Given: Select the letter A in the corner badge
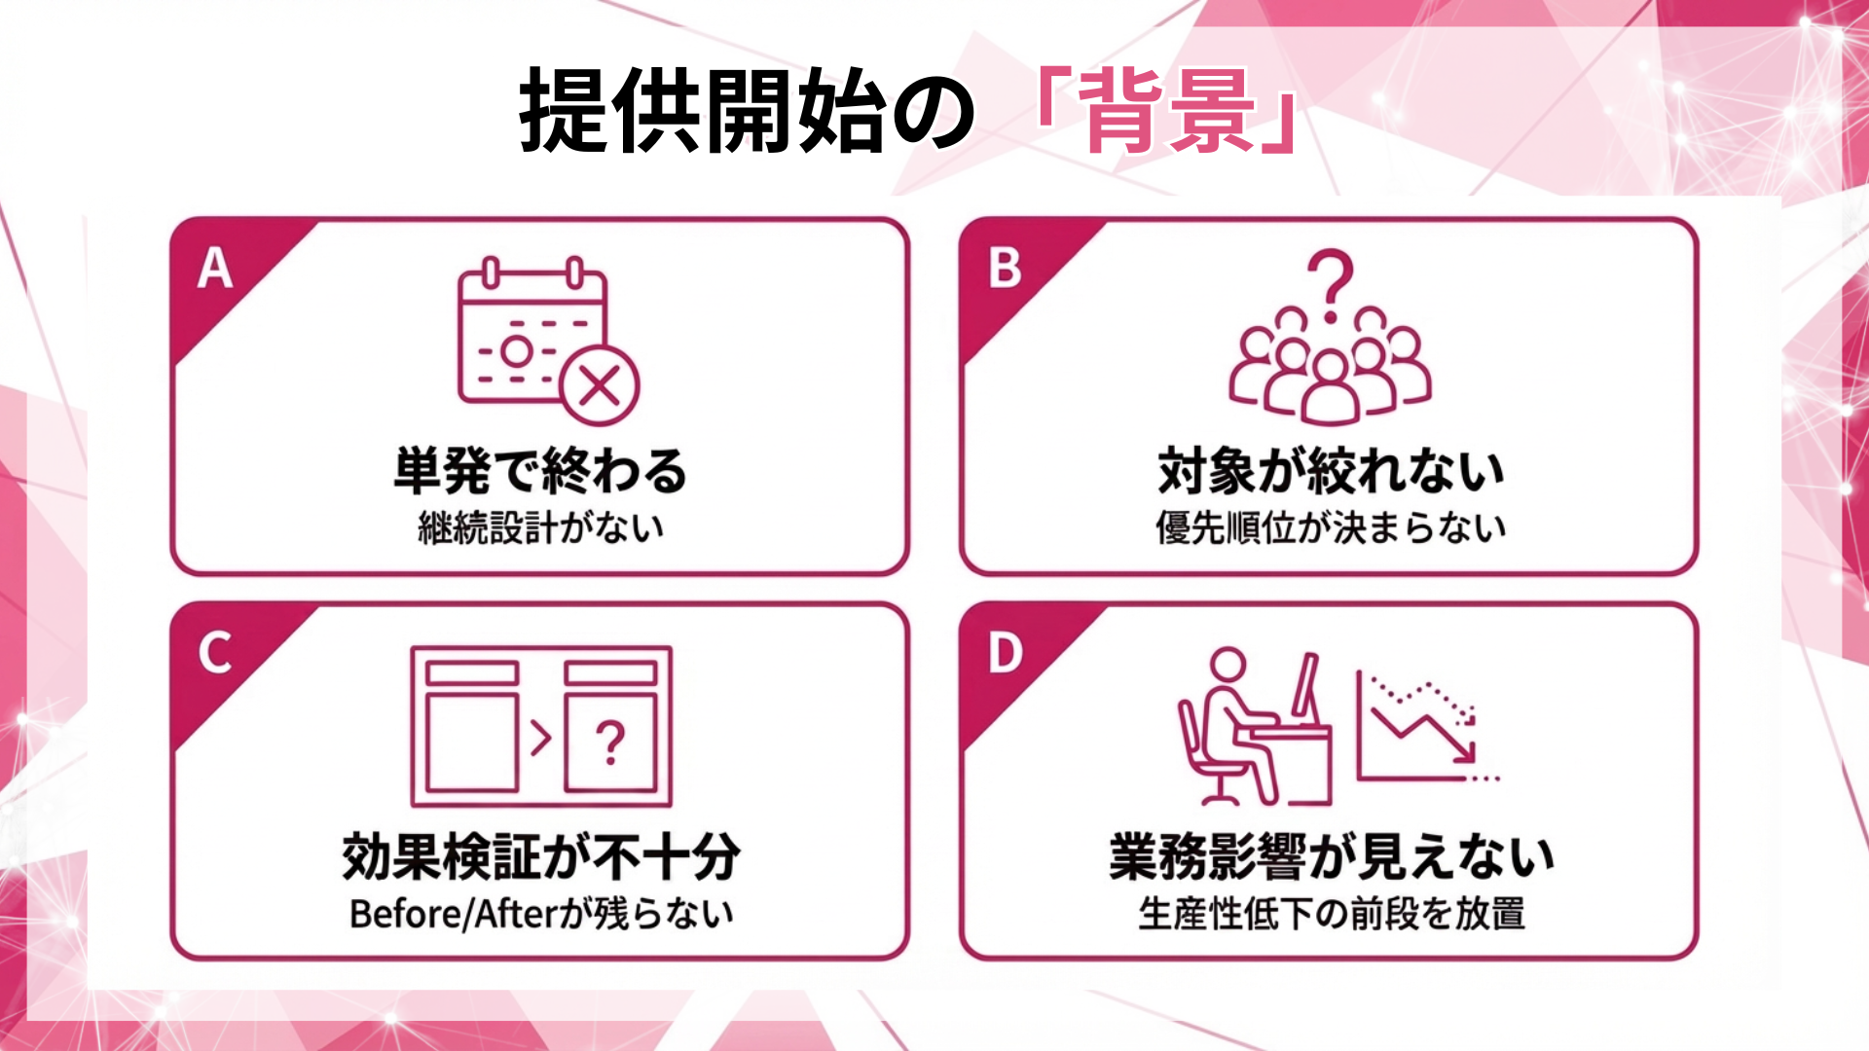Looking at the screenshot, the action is [x=215, y=269].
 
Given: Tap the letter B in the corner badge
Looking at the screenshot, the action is [x=1005, y=269].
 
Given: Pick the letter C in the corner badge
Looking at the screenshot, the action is [x=215, y=653].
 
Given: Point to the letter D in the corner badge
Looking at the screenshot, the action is [x=1006, y=653].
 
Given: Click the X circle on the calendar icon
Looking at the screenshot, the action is [x=600, y=386].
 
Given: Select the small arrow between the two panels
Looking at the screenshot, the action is [x=540, y=738].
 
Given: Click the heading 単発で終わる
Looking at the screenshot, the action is [x=540, y=470].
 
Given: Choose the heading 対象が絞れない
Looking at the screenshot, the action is [x=1331, y=470].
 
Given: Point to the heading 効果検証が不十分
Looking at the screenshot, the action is [x=541, y=856].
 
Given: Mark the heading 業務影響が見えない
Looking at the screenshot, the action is [x=1331, y=856].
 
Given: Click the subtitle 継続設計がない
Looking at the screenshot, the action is [x=541, y=527].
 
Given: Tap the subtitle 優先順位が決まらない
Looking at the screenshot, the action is [x=1331, y=527].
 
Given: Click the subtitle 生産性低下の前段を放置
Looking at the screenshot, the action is [x=1331, y=914].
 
